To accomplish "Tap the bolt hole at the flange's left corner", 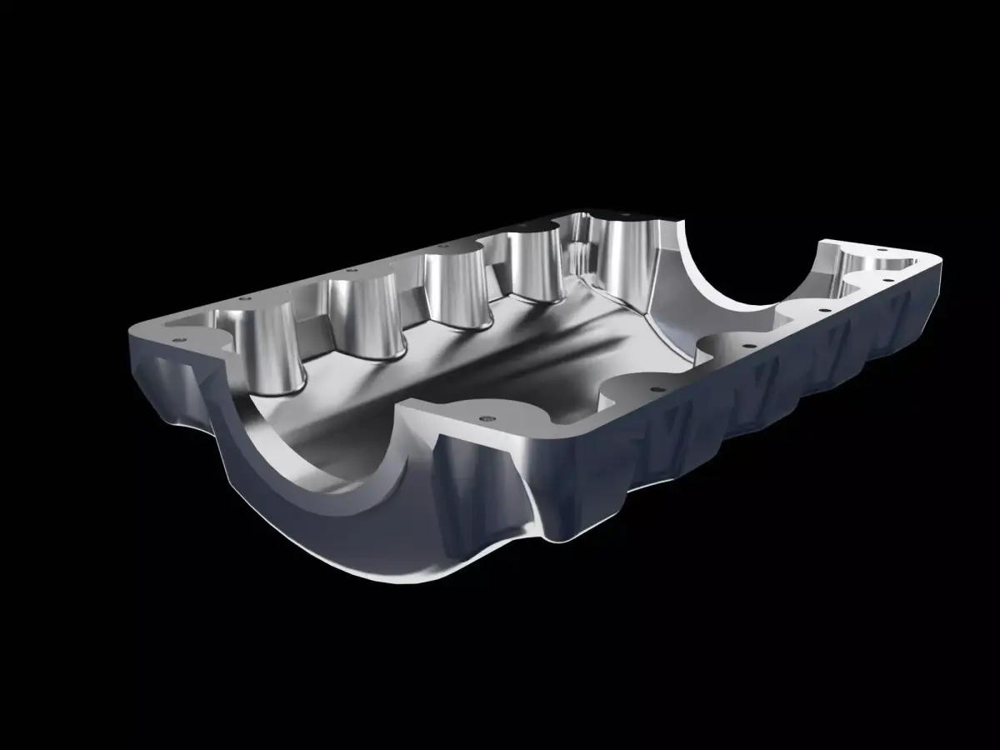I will tap(177, 340).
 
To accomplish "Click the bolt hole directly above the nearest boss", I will tap(243, 297).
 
